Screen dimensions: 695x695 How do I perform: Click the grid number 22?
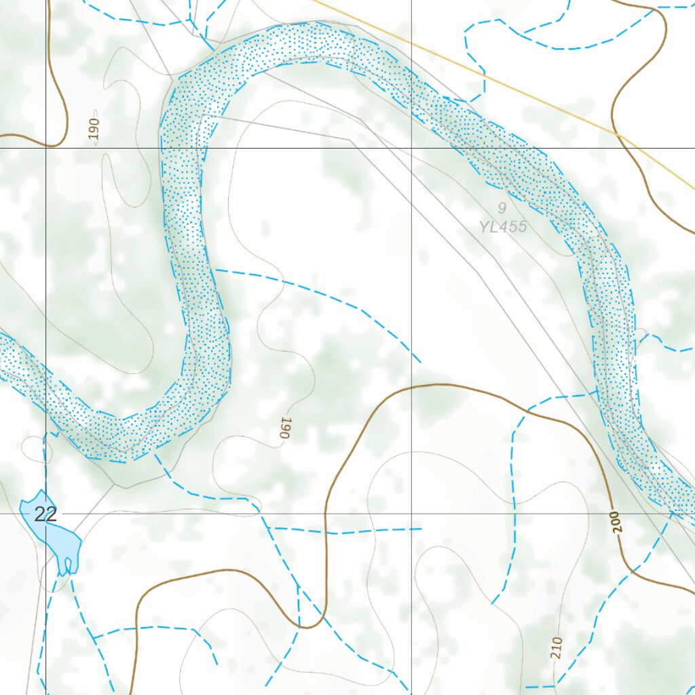[45, 514]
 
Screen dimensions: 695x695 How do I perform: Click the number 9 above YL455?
[502, 208]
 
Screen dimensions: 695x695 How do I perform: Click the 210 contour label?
[557, 648]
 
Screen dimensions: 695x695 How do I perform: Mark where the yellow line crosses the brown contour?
[618, 134]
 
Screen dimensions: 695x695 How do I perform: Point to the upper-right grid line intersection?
[411, 147]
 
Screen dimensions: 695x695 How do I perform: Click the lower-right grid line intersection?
[411, 514]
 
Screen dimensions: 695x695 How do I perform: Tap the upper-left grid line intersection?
[46, 147]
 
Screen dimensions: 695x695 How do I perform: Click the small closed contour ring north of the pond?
[33, 447]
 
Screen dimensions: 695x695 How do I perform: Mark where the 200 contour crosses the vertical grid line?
[411, 386]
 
